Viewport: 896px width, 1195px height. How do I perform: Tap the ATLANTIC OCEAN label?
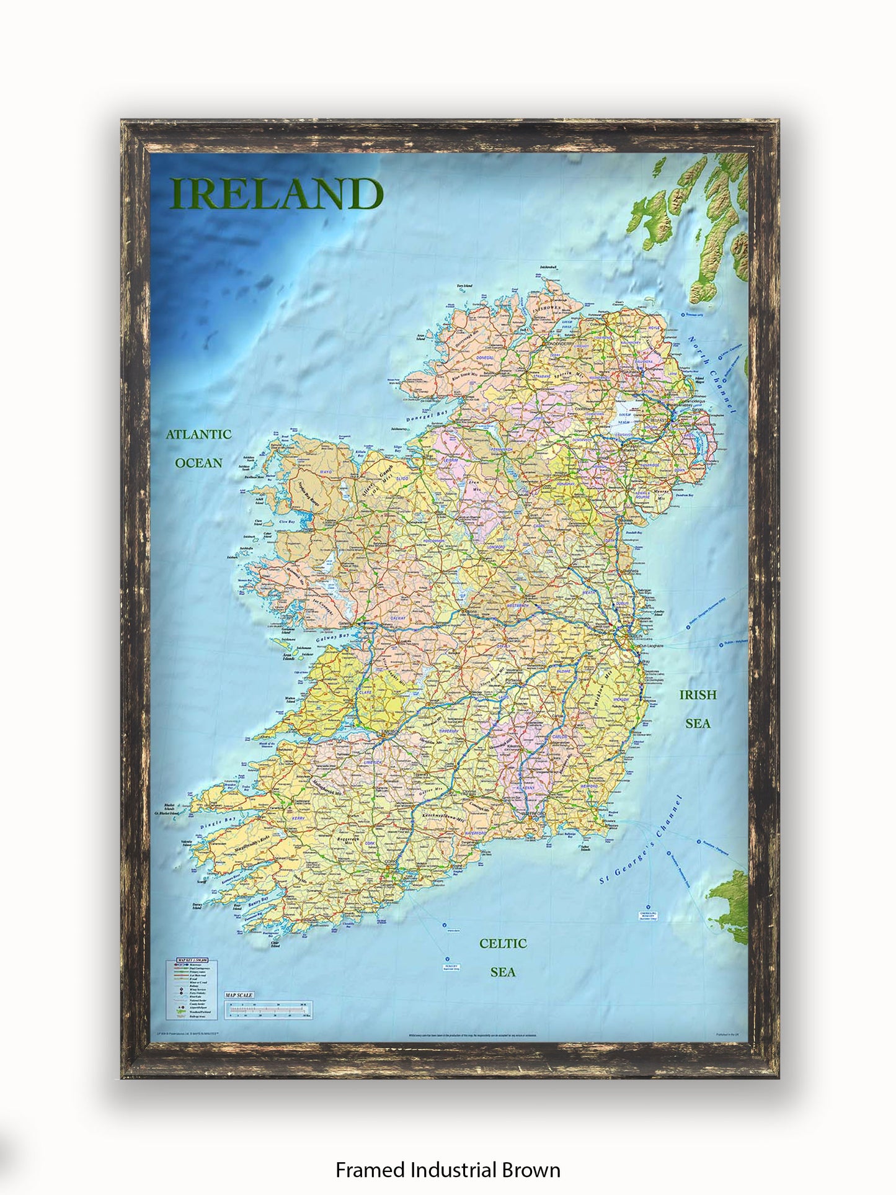point(198,449)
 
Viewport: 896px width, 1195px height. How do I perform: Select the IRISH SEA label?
point(698,709)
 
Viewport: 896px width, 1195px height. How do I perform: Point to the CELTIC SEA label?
point(503,957)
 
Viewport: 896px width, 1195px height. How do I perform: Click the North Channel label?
point(712,375)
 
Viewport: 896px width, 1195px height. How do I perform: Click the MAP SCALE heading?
point(239,995)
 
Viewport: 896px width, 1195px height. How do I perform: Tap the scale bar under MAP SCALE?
point(268,1009)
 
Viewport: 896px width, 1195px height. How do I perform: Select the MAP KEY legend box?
point(189,989)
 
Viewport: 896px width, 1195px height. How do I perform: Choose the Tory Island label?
point(464,286)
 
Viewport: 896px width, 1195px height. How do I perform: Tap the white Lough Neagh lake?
point(627,413)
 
